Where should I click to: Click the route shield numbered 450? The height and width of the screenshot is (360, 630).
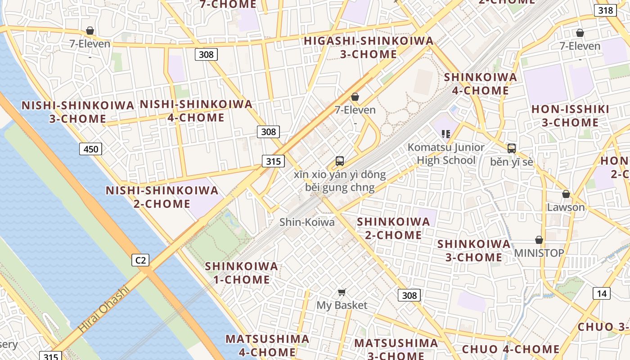(x=90, y=149)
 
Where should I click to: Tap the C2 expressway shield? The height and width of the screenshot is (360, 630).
(x=140, y=260)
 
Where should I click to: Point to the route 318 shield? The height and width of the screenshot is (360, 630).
(x=605, y=10)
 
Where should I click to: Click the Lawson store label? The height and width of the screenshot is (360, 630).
(x=566, y=207)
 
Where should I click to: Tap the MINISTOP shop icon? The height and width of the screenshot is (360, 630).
(x=539, y=240)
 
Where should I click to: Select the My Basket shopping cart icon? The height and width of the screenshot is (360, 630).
(x=342, y=292)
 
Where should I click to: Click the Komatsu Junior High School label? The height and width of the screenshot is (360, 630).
(x=446, y=153)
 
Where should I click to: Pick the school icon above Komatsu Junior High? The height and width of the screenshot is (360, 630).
(x=446, y=134)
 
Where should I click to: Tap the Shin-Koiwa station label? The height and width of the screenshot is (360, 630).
(x=307, y=222)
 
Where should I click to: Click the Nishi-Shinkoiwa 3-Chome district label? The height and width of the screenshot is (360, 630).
(x=78, y=112)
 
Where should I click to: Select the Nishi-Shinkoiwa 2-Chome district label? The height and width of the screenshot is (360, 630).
(x=162, y=197)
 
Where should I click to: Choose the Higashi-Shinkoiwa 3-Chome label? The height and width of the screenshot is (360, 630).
(x=369, y=47)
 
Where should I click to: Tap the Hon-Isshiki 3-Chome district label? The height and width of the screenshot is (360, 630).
(x=570, y=116)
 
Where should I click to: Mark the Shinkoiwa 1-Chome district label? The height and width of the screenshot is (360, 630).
(x=241, y=273)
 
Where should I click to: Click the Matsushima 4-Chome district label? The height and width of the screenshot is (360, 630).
(x=267, y=345)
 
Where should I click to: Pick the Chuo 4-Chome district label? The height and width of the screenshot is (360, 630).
(x=511, y=349)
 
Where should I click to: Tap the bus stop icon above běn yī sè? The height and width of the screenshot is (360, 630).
(x=511, y=148)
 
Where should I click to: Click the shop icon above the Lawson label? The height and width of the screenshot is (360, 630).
(x=566, y=194)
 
